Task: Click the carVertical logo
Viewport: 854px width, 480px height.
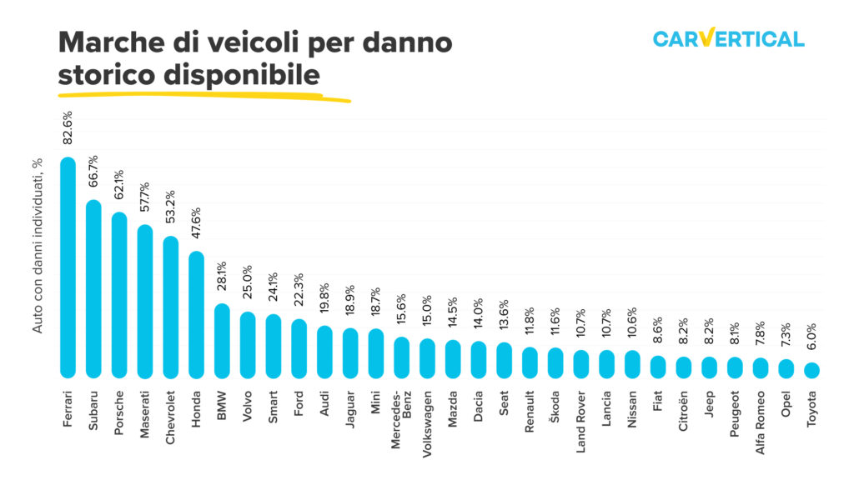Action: point(728,38)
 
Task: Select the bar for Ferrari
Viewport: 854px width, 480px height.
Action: point(68,267)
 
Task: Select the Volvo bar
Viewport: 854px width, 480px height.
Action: point(248,344)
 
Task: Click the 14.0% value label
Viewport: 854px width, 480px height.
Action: point(479,318)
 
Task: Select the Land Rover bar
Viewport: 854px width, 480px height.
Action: point(581,363)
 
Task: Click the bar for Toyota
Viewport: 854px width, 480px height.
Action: point(812,370)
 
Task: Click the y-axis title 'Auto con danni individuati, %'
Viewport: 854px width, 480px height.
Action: point(38,244)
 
